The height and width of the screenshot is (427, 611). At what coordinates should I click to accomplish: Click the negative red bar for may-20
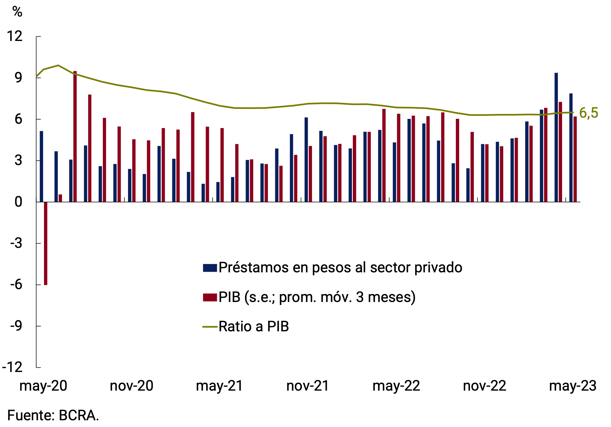pyautogui.click(x=46, y=243)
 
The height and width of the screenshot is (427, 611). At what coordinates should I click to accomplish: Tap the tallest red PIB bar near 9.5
pyautogui.click(x=75, y=137)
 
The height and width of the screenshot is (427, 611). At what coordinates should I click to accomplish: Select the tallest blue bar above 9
pyautogui.click(x=556, y=138)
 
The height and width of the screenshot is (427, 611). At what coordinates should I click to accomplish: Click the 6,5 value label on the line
pyautogui.click(x=588, y=113)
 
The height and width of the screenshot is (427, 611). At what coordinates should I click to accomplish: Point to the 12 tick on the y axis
pyautogui.click(x=15, y=36)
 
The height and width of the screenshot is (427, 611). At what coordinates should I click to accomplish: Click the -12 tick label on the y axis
pyautogui.click(x=13, y=367)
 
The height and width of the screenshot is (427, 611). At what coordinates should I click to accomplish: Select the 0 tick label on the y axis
pyautogui.click(x=18, y=202)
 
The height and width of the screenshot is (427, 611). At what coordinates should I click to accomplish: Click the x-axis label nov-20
pyautogui.click(x=131, y=386)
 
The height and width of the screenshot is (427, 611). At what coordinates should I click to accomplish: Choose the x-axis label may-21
pyautogui.click(x=219, y=386)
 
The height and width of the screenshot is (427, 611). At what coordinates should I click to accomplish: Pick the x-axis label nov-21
pyautogui.click(x=307, y=386)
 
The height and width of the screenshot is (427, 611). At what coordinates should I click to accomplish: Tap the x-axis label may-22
pyautogui.click(x=396, y=386)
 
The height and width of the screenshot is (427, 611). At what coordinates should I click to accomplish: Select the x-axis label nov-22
pyautogui.click(x=484, y=386)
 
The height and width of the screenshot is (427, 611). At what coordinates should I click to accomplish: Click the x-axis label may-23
pyautogui.click(x=573, y=386)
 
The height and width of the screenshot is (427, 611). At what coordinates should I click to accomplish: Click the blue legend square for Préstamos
pyautogui.click(x=210, y=268)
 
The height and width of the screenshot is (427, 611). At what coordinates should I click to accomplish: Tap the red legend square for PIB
pyautogui.click(x=210, y=297)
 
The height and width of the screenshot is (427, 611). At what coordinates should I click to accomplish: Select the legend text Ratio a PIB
pyautogui.click(x=254, y=326)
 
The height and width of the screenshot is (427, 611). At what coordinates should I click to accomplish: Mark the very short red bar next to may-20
pyautogui.click(x=60, y=198)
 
